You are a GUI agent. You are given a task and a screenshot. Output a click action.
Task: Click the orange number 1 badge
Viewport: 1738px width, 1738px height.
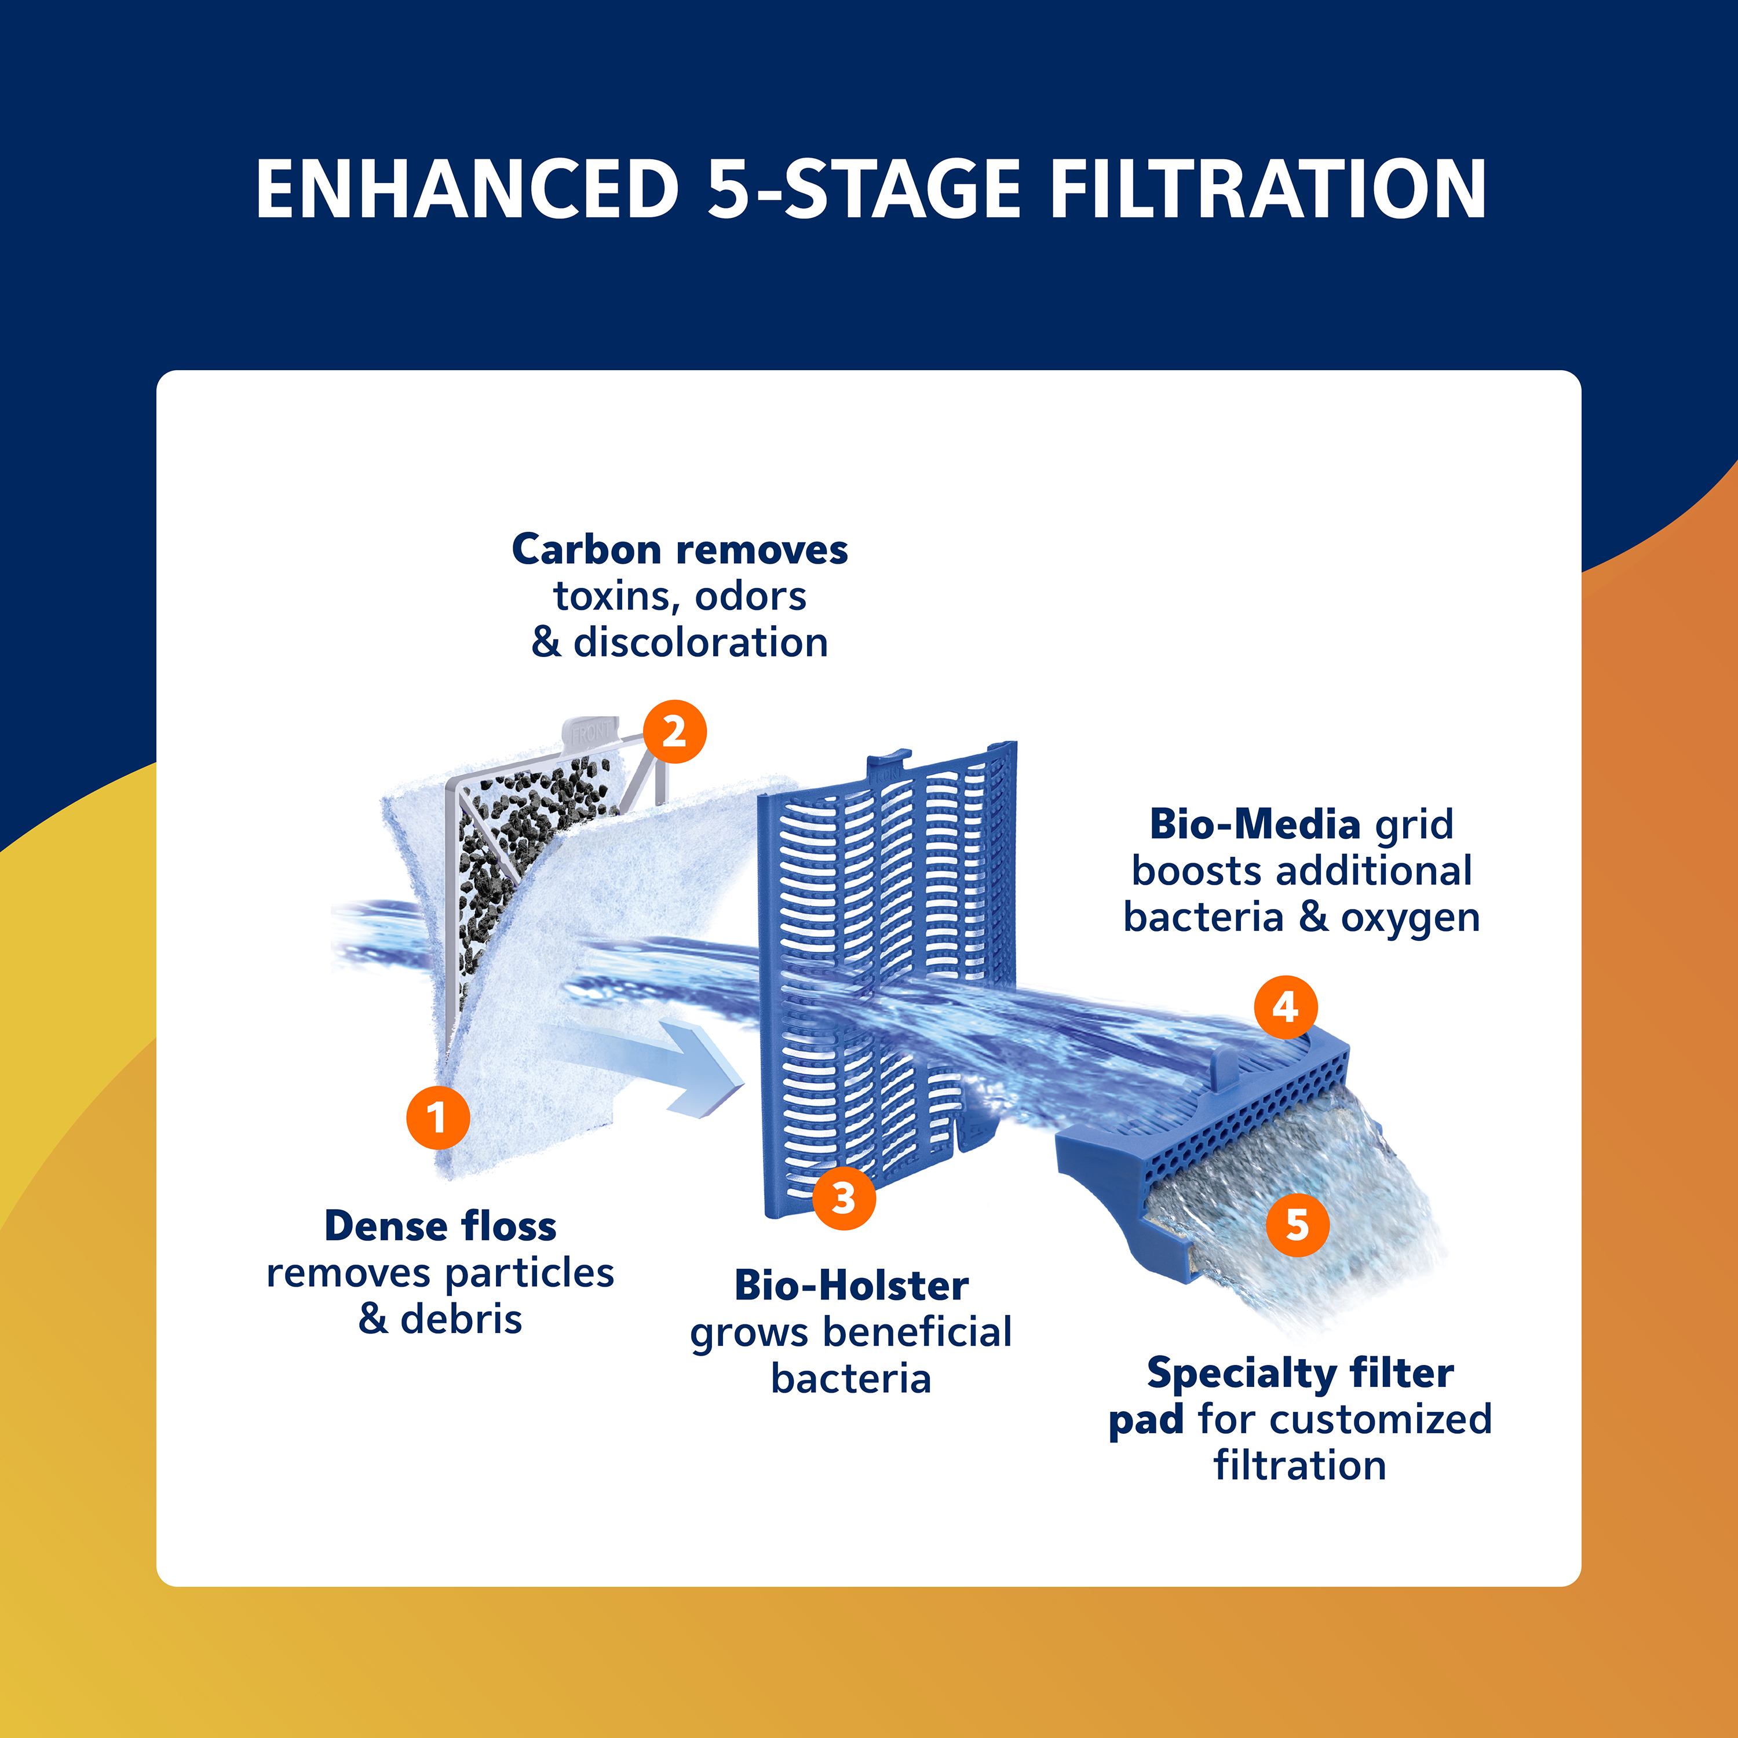(x=437, y=1118)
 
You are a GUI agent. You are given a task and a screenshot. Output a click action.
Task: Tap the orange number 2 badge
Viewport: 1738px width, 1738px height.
(x=675, y=731)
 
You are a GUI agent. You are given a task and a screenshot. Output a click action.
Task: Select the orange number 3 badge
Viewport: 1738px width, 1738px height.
(x=844, y=1197)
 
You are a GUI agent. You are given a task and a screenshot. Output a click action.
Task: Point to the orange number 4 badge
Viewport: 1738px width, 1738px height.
(x=1286, y=1007)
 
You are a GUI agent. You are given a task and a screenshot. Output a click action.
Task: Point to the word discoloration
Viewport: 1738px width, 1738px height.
(x=701, y=642)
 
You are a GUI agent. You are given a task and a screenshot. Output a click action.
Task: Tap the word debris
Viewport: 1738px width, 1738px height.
(x=462, y=1319)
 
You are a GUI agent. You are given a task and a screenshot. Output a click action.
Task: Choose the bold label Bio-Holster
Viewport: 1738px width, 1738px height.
(x=851, y=1286)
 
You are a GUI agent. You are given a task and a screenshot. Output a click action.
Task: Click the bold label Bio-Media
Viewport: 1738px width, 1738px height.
(x=1255, y=824)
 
